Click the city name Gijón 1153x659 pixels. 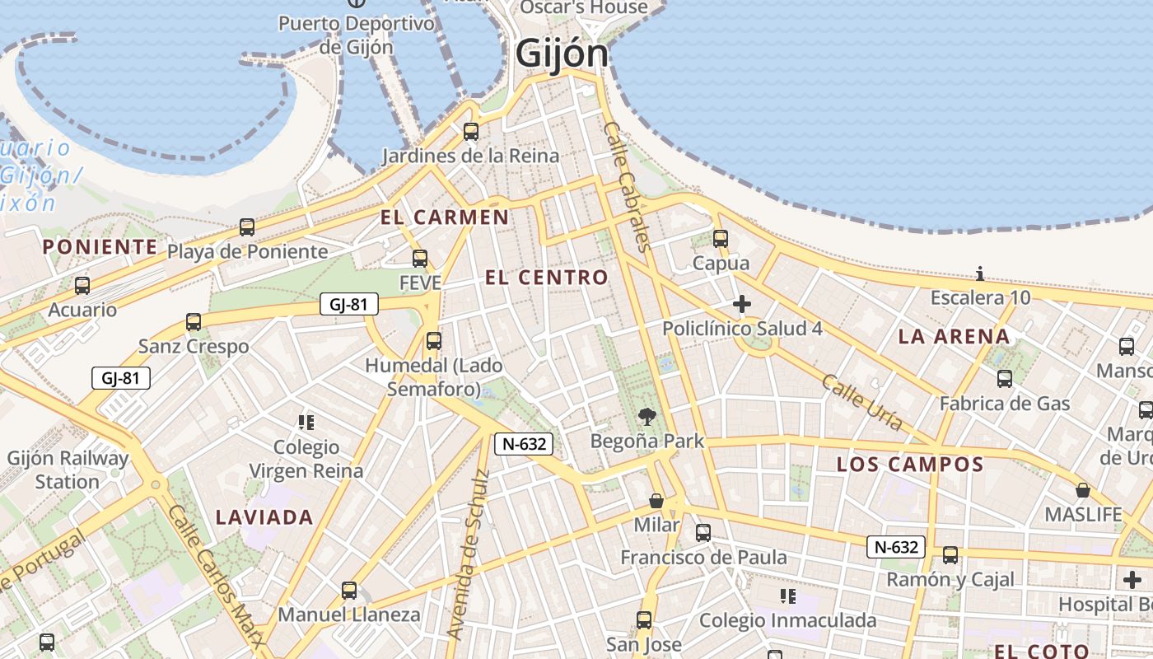click(x=562, y=54)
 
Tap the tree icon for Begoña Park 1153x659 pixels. click(x=647, y=417)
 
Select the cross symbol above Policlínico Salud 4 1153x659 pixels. click(x=741, y=305)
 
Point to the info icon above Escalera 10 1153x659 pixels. click(x=980, y=273)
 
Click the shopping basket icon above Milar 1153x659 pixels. click(x=656, y=500)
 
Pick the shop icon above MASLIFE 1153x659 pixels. click(x=1083, y=490)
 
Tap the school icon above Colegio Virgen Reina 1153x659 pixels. click(x=306, y=423)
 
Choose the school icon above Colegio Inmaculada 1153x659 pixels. click(x=788, y=596)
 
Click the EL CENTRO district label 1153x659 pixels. click(x=547, y=278)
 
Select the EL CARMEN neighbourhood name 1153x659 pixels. click(x=445, y=217)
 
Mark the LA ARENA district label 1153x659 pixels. click(x=954, y=336)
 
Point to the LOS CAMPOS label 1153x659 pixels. click(x=910, y=464)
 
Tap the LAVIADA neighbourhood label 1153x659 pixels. click(x=264, y=517)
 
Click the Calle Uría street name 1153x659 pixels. click(x=862, y=401)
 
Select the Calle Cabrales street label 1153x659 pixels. click(x=628, y=186)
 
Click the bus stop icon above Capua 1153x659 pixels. click(x=721, y=239)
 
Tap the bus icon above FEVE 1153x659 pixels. click(x=420, y=259)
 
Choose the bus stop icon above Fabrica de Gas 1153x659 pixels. click(x=1005, y=379)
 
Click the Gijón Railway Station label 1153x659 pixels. click(x=68, y=470)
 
